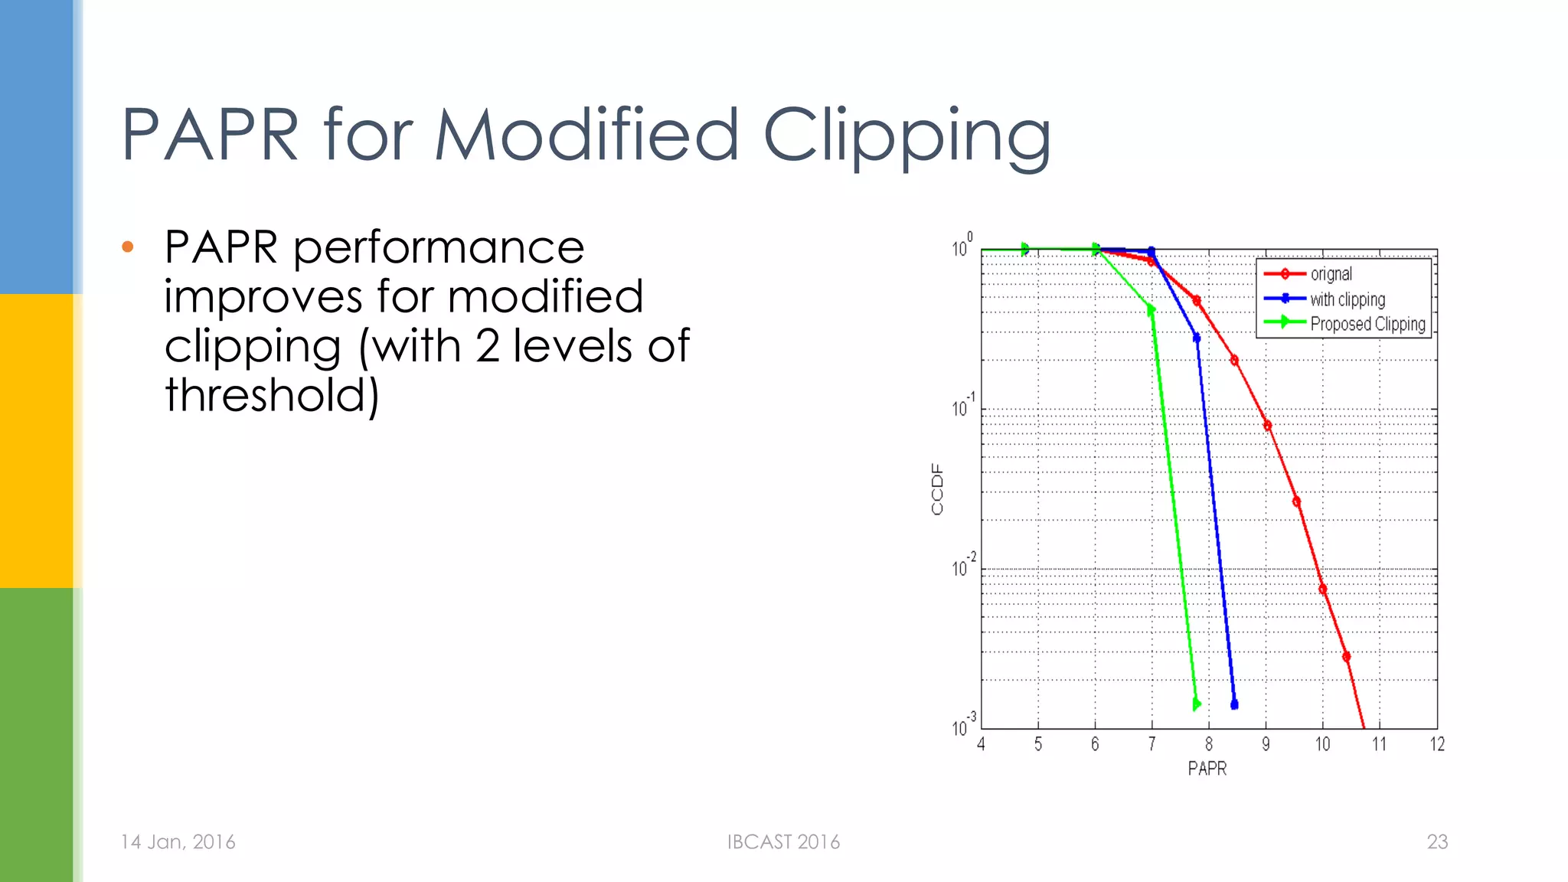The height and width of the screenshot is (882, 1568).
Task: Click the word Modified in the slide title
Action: (x=586, y=136)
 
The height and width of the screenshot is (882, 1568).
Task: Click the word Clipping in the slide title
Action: (x=906, y=136)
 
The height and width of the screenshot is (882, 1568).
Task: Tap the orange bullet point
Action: (x=128, y=247)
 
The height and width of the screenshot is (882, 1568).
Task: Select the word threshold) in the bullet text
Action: (x=272, y=395)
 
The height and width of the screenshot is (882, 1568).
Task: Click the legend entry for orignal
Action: (x=1331, y=274)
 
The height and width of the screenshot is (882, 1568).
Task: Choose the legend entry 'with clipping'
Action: (x=1347, y=299)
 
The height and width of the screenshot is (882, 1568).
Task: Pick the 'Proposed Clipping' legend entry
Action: (x=1367, y=324)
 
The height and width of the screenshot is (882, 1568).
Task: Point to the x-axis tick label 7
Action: (x=1151, y=744)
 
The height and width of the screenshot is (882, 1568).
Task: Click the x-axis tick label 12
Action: (x=1437, y=744)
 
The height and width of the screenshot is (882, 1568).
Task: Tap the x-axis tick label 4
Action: (x=981, y=744)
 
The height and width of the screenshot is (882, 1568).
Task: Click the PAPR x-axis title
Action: (x=1207, y=769)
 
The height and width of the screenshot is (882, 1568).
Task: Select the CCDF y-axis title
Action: (x=937, y=489)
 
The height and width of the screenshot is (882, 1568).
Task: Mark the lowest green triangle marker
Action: (x=1197, y=704)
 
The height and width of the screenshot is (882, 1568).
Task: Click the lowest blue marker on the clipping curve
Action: (x=1234, y=704)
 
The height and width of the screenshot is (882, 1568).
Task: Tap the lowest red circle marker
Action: (x=1346, y=656)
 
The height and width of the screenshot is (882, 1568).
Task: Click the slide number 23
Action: (x=1437, y=842)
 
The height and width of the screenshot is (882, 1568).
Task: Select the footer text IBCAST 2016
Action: (x=783, y=842)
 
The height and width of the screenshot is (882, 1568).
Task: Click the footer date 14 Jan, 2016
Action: (x=178, y=842)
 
